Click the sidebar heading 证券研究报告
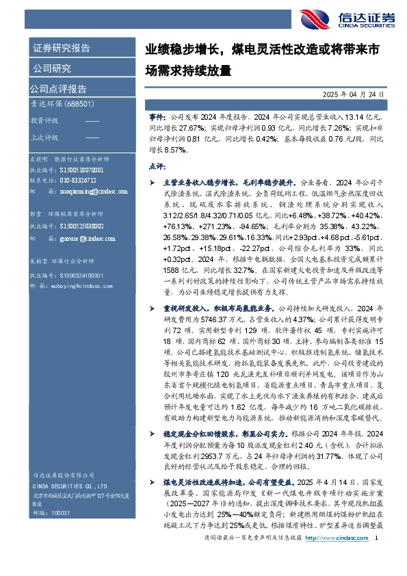61,49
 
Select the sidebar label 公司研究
51,68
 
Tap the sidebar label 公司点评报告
58,89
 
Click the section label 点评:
157,166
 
